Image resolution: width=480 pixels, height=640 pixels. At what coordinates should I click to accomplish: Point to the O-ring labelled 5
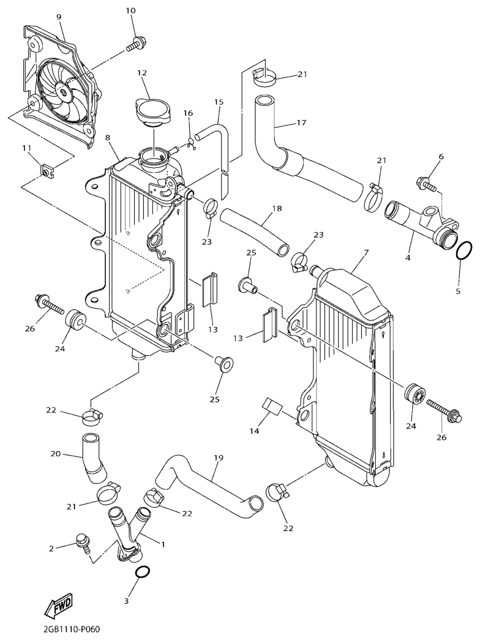pyautogui.click(x=465, y=250)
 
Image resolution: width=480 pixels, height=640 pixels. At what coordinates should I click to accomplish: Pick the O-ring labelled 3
pyautogui.click(x=141, y=573)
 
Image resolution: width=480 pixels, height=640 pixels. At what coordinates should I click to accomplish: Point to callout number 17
pyautogui.click(x=301, y=122)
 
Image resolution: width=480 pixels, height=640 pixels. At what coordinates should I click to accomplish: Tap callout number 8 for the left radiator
pyautogui.click(x=108, y=138)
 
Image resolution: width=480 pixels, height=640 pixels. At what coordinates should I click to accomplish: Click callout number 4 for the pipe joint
pyautogui.click(x=407, y=258)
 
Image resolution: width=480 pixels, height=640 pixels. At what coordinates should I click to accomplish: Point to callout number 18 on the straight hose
pyautogui.click(x=277, y=208)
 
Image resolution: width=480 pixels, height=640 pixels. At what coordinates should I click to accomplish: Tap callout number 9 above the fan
pyautogui.click(x=59, y=17)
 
